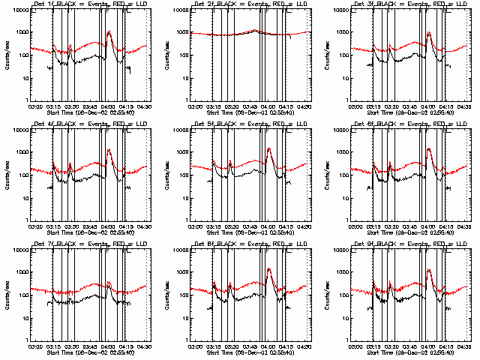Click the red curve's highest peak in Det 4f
(109, 149)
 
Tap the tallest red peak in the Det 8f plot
(268, 268)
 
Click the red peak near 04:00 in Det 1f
(109, 31)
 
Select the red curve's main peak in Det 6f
(429, 148)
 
